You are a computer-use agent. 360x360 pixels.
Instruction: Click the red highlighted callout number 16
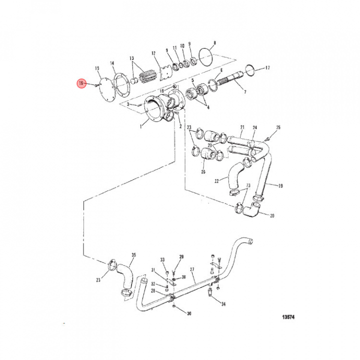80,83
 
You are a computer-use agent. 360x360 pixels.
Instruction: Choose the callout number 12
153,53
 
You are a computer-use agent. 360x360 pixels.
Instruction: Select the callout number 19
280,185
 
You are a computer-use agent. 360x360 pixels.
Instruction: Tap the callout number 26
203,172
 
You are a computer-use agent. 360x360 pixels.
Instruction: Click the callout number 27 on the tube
192,269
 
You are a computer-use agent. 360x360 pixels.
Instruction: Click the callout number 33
162,259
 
